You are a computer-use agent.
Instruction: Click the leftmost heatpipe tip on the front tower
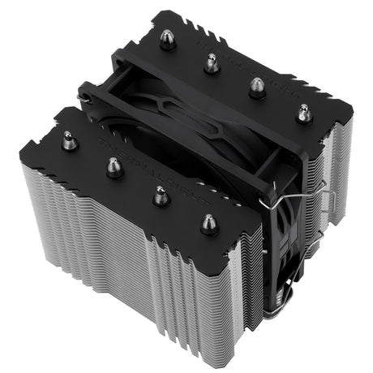tap(70, 140)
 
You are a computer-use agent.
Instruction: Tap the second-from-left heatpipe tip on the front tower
tap(114, 166)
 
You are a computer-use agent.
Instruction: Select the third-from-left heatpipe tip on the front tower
tap(161, 195)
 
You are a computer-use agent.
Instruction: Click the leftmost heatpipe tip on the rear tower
tap(168, 39)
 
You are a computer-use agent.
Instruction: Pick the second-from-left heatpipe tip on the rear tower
tap(212, 62)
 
